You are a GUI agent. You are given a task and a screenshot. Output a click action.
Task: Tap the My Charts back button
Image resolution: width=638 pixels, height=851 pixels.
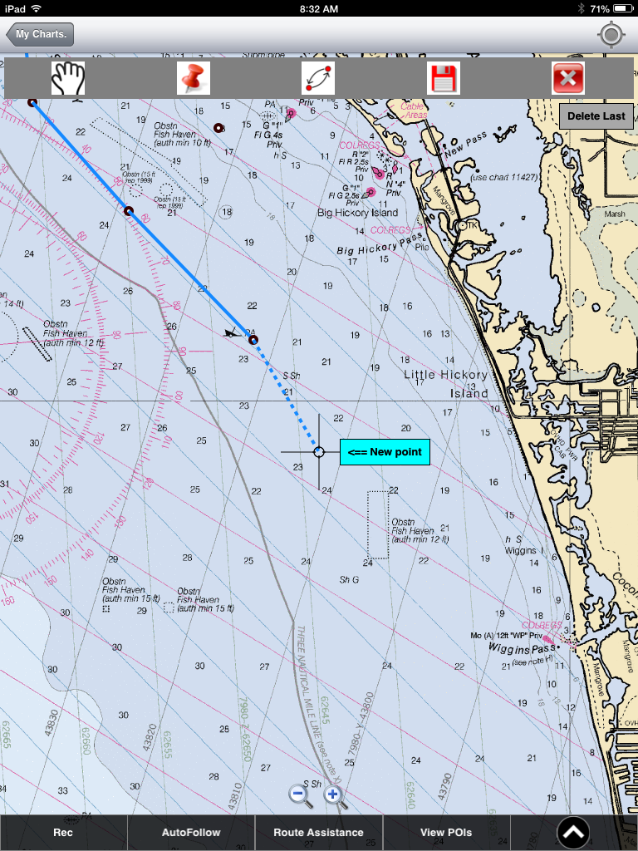click(x=40, y=35)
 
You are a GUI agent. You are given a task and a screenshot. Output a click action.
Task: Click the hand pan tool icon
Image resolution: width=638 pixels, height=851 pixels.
click(x=69, y=78)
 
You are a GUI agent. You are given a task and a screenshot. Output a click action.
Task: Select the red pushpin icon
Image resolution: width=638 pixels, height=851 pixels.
click(x=194, y=78)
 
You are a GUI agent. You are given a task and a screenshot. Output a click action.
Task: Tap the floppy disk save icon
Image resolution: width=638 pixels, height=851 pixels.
click(x=444, y=78)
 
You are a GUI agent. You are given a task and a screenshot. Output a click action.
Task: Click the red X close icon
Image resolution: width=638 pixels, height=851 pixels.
click(x=568, y=78)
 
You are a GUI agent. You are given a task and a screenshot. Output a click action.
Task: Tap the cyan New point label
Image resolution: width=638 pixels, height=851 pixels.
click(x=385, y=452)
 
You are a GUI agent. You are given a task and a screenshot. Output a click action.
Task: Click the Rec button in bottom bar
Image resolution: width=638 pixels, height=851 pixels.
click(x=63, y=832)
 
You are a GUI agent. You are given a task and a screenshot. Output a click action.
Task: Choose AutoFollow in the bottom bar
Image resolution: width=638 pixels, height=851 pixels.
click(x=191, y=832)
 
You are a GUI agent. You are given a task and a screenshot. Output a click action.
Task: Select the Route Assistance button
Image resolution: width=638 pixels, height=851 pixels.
click(x=318, y=832)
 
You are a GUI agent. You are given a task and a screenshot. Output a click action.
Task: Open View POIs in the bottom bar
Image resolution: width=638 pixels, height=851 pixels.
click(x=445, y=832)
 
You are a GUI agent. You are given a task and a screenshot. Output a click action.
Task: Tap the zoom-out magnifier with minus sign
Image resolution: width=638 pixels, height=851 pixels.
click(x=300, y=795)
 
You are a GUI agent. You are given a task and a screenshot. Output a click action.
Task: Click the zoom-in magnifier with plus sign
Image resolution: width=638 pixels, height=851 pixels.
click(x=334, y=795)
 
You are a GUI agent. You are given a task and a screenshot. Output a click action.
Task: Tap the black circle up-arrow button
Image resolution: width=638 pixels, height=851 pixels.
click(x=573, y=832)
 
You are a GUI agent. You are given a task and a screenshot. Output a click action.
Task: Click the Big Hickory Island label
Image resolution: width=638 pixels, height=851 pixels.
click(x=357, y=213)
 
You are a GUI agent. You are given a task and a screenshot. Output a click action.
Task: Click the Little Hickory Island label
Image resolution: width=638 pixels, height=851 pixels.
click(x=447, y=383)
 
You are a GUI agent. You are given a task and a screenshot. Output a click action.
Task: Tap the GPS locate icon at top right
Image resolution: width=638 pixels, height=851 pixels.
click(x=611, y=35)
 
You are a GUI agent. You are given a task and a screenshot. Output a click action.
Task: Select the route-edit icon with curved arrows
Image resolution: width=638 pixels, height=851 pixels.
click(x=318, y=78)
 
